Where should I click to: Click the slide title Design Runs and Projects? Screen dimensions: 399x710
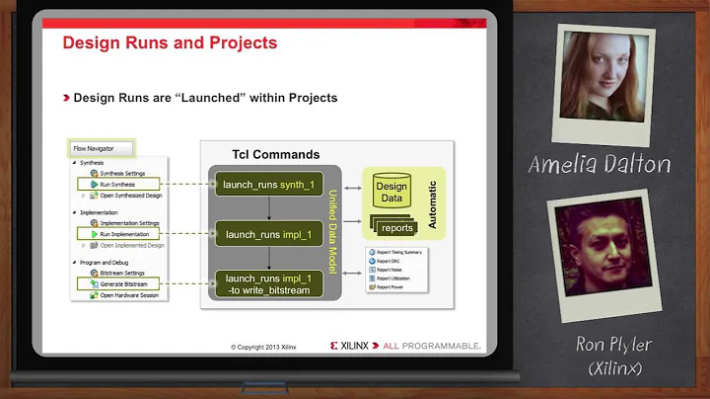170,43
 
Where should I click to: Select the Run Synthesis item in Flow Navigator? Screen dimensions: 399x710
116,184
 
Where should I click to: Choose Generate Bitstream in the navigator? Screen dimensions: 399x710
121,283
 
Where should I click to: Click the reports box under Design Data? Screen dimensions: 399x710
396,227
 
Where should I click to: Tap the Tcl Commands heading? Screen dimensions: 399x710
275,155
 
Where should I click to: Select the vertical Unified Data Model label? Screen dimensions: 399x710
332,235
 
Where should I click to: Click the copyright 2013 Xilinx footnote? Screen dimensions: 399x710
263,347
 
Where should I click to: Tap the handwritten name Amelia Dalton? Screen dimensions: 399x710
599,164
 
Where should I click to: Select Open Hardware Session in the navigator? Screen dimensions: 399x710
128,295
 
